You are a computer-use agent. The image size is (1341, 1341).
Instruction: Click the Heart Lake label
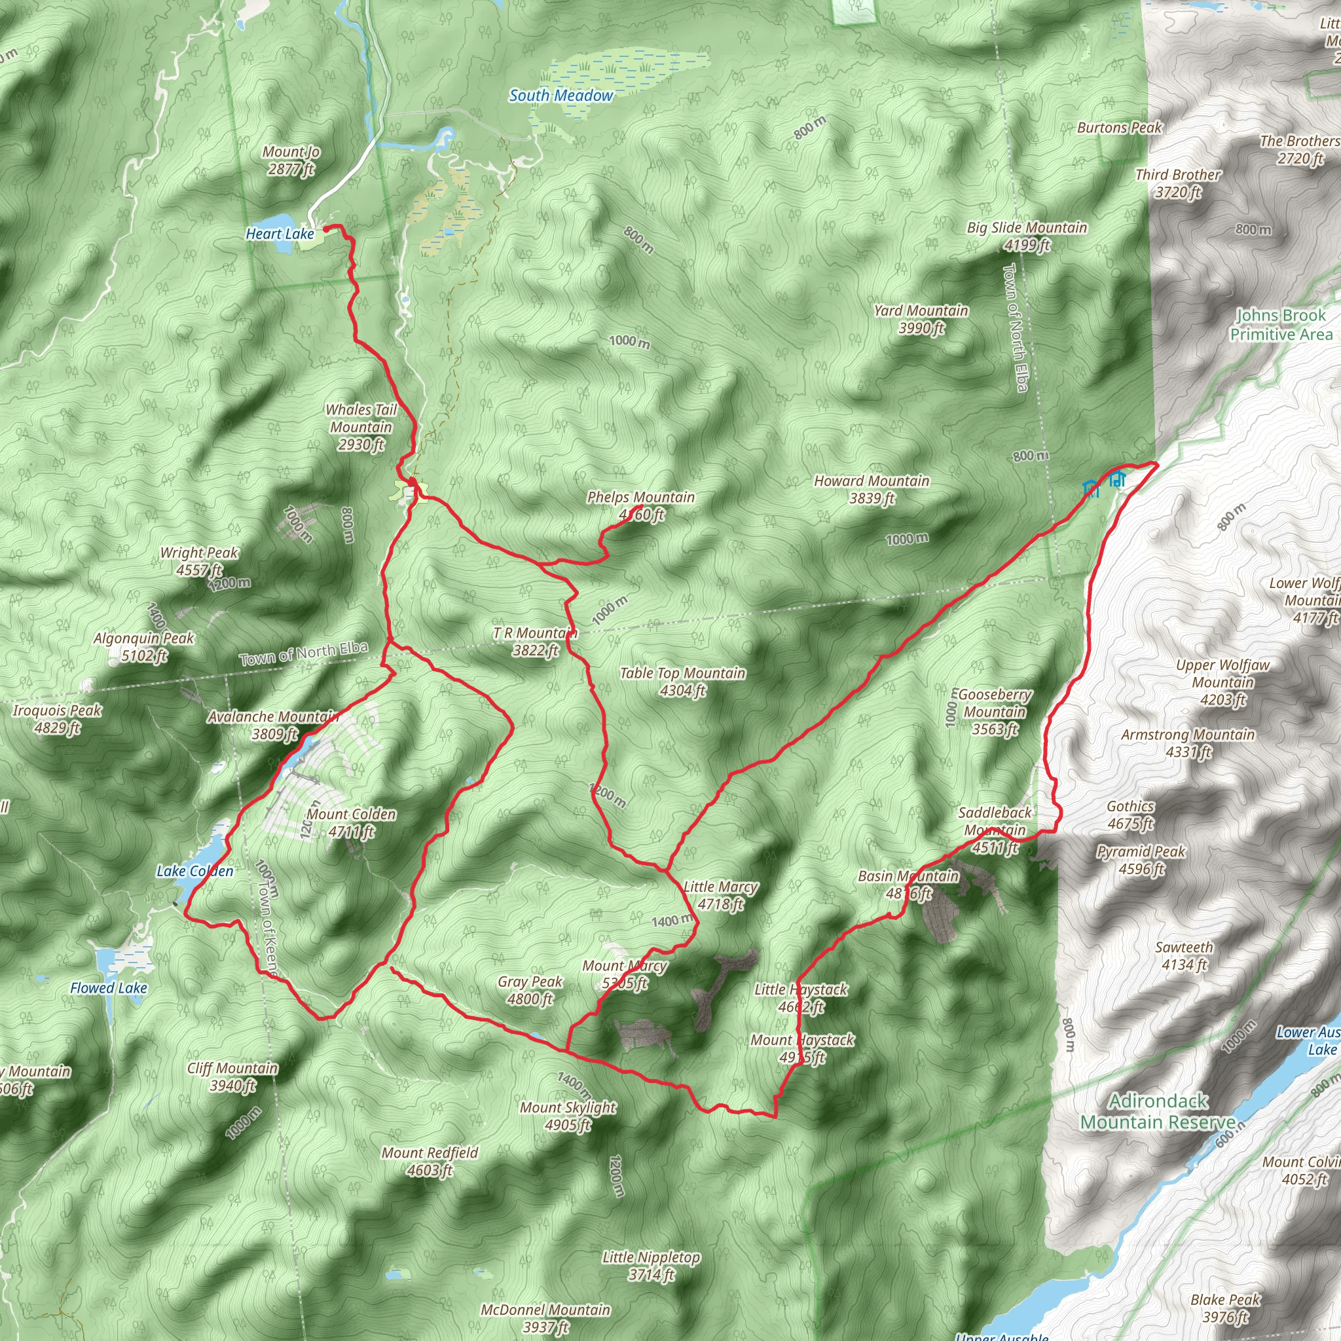click(x=280, y=234)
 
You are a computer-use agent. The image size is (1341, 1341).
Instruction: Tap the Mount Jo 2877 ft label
click(x=291, y=160)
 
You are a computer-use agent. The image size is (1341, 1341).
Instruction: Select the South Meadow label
click(x=561, y=96)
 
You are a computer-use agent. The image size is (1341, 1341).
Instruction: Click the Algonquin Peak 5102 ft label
click(x=143, y=646)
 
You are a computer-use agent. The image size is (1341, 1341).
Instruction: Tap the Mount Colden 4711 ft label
click(x=351, y=822)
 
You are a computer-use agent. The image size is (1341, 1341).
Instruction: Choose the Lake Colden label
click(x=194, y=871)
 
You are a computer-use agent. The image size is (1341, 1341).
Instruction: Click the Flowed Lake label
click(x=109, y=987)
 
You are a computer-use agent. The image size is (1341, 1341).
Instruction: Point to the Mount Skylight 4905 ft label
click(x=568, y=1115)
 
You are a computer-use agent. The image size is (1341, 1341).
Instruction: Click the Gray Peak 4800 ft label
click(x=530, y=991)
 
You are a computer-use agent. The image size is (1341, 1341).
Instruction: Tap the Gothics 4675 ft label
click(x=1130, y=815)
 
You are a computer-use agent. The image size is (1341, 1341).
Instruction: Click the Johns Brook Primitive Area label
click(x=1281, y=325)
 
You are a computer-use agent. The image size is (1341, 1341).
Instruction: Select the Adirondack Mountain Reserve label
click(x=1158, y=1111)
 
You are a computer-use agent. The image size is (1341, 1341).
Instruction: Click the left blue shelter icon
click(x=1091, y=488)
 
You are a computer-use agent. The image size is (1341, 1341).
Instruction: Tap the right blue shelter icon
click(x=1116, y=479)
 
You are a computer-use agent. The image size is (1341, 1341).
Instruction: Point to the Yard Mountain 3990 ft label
click(x=921, y=320)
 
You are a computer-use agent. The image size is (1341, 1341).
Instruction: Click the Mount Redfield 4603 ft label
click(x=430, y=1161)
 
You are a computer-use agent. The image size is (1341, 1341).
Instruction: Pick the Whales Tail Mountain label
click(x=361, y=427)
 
